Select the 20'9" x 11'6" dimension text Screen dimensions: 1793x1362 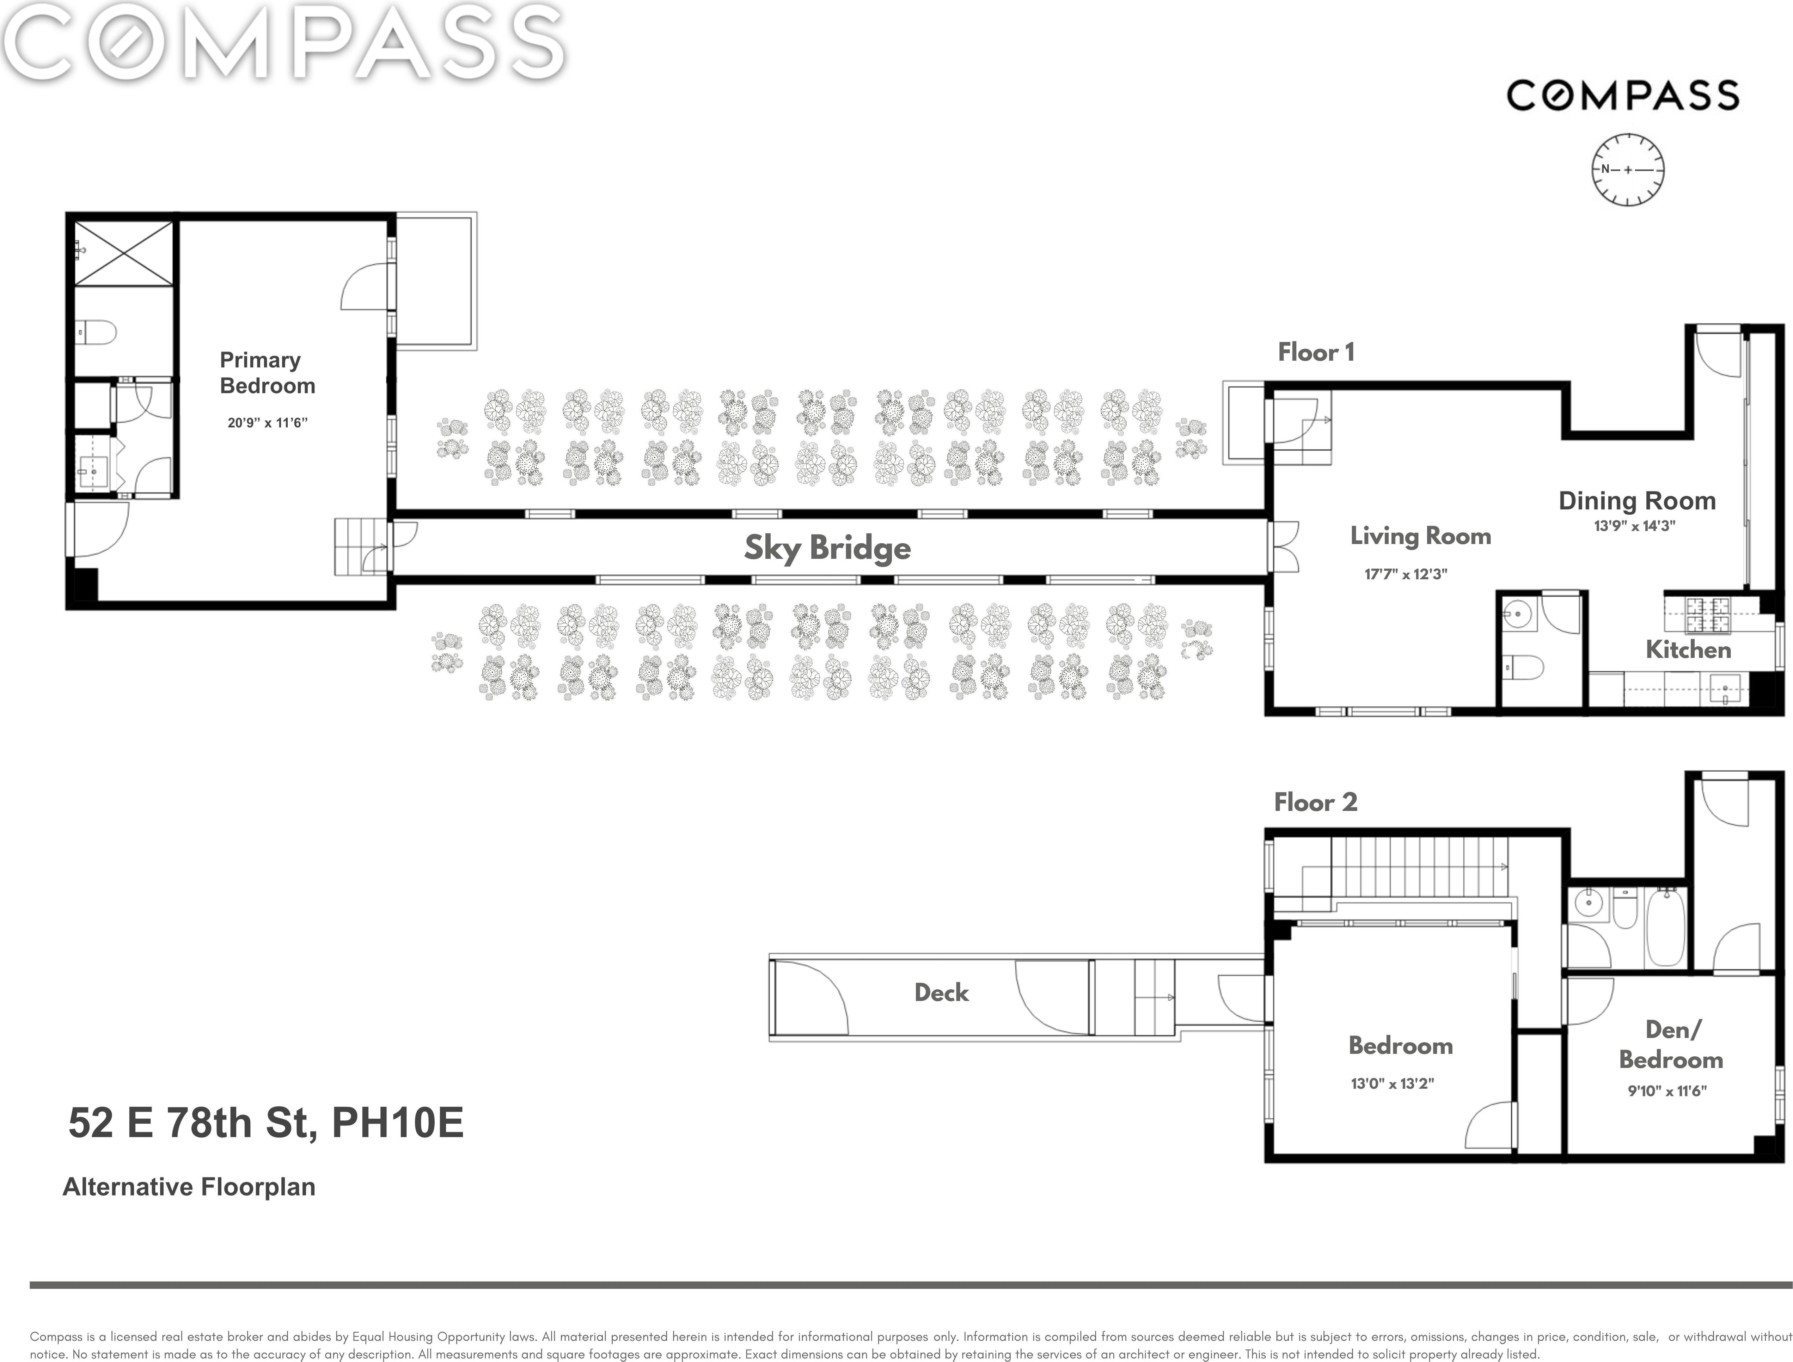pos(268,422)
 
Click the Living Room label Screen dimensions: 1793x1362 pos(1420,536)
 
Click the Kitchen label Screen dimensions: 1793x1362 pos(1688,649)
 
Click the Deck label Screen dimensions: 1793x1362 pos(941,992)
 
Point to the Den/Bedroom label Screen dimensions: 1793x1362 pos(1671,1044)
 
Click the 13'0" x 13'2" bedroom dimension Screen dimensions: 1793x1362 pos(1392,1083)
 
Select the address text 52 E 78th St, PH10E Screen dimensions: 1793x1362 pos(266,1123)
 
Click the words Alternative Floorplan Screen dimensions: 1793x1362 pos(189,1187)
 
